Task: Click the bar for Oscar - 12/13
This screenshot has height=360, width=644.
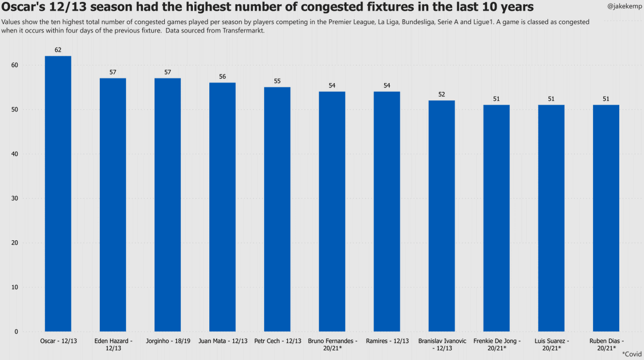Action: coord(58,194)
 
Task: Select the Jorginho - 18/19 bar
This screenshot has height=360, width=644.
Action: coord(167,205)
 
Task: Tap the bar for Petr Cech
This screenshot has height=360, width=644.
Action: coord(277,209)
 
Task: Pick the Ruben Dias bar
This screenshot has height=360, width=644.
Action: coord(606,218)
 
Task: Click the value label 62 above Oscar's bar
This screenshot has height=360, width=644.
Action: coord(58,50)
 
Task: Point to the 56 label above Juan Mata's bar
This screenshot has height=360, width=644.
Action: coord(222,76)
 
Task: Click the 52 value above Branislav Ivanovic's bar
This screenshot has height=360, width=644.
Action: coord(442,94)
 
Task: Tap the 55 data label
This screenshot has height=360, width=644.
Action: coord(277,81)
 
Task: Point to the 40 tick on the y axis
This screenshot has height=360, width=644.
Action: coord(14,154)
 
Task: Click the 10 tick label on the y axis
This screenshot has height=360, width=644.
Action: coord(14,288)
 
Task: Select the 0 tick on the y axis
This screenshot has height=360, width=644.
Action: coord(16,332)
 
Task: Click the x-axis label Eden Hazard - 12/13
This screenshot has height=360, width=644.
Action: coord(113,344)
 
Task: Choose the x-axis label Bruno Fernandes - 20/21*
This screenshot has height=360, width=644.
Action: coord(332,344)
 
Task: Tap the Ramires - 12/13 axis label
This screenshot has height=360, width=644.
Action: coord(387,341)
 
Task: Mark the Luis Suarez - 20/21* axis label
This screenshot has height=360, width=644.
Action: coord(552,344)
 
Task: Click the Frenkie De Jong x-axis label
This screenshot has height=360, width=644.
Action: coord(497,344)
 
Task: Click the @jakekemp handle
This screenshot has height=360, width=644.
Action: coord(624,6)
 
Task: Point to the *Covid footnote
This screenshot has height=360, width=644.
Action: coord(632,354)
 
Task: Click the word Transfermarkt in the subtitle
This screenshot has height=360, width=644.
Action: coord(243,31)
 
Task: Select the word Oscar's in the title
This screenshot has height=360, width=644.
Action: coord(23,6)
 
